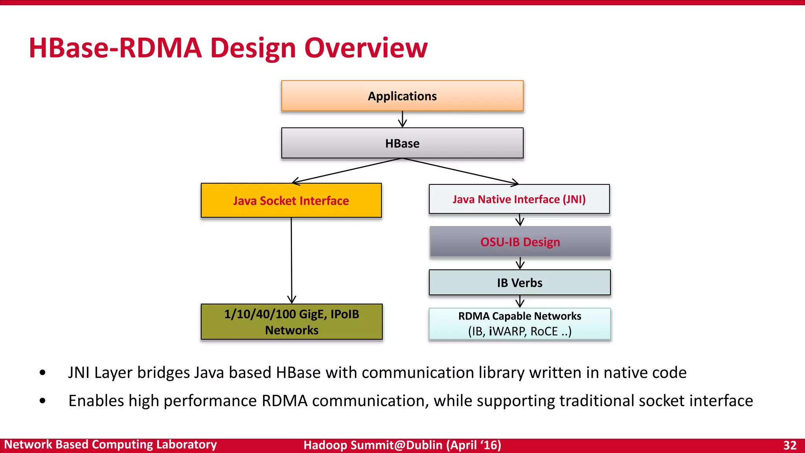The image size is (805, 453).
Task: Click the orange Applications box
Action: (x=402, y=96)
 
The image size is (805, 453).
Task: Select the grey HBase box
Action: (x=402, y=143)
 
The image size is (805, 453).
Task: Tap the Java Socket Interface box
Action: (x=291, y=201)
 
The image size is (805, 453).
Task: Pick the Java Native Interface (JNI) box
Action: (x=519, y=199)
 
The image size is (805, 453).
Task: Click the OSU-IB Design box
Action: (x=520, y=242)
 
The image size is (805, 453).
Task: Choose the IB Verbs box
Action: (x=520, y=283)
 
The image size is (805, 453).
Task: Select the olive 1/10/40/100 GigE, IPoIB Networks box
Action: (x=291, y=322)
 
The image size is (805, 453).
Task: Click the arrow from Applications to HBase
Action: (x=402, y=119)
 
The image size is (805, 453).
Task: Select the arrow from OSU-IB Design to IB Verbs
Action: (x=520, y=263)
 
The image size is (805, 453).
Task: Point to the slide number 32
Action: (x=790, y=445)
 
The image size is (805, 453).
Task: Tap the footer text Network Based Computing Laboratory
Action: (x=110, y=445)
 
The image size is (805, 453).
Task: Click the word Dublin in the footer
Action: (x=424, y=445)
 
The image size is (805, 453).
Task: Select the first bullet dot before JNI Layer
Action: (x=42, y=372)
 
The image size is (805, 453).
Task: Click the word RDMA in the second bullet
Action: (x=285, y=401)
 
